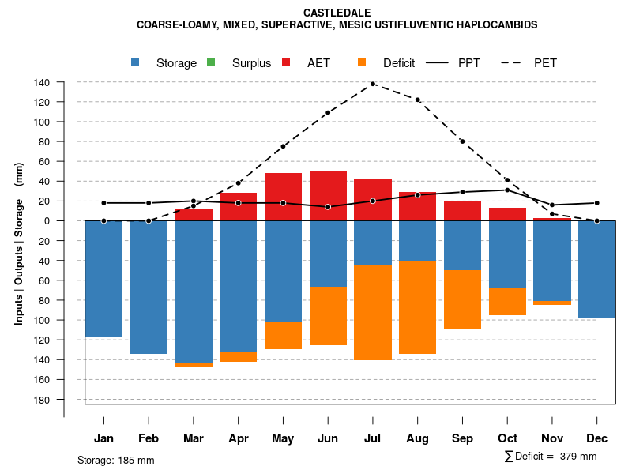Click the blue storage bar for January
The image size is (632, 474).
pyautogui.click(x=103, y=278)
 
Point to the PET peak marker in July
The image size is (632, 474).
pyautogui.click(x=373, y=84)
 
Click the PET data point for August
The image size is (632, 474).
pyautogui.click(x=417, y=100)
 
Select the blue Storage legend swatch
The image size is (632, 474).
pyautogui.click(x=136, y=63)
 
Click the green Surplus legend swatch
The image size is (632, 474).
pyautogui.click(x=211, y=63)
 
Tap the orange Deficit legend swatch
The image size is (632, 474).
pyautogui.click(x=362, y=63)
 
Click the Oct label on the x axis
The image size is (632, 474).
pyautogui.click(x=507, y=438)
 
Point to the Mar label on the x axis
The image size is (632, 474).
pyautogui.click(x=194, y=438)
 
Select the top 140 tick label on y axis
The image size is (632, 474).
pyautogui.click(x=64, y=82)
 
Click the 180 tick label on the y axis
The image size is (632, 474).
pyautogui.click(x=64, y=400)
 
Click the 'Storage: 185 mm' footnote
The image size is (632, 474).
pyautogui.click(x=116, y=460)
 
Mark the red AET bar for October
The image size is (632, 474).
pyautogui.click(x=507, y=214)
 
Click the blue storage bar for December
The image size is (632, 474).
pyautogui.click(x=596, y=269)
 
